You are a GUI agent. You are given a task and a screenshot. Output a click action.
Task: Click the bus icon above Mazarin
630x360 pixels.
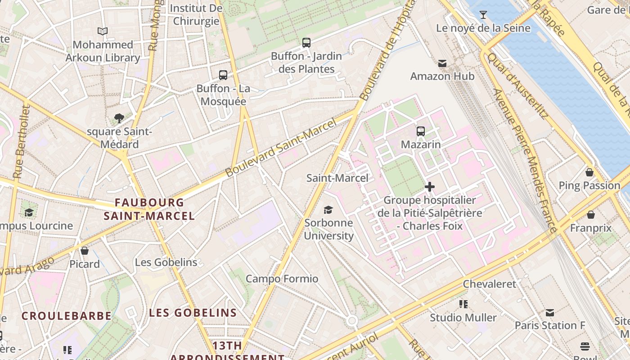(x=421, y=131)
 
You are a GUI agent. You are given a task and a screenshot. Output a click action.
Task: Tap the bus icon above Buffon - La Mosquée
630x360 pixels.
(x=223, y=75)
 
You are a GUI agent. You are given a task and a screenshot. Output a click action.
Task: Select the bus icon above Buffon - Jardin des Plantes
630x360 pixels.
(x=306, y=43)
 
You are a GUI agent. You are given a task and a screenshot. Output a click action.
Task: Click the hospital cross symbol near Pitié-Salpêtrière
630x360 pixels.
(x=430, y=186)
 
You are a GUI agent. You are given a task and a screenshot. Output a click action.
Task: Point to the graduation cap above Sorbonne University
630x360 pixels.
(x=328, y=210)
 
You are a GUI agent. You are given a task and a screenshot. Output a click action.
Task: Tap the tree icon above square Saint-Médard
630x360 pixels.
(x=119, y=118)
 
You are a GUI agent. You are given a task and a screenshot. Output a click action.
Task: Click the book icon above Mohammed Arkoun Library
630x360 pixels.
(x=103, y=31)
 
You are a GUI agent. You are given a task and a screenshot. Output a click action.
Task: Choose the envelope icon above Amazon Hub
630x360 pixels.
(x=442, y=63)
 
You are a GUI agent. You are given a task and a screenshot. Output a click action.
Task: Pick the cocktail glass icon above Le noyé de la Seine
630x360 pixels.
(x=483, y=15)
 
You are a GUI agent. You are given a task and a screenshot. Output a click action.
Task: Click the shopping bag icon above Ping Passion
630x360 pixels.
(x=589, y=172)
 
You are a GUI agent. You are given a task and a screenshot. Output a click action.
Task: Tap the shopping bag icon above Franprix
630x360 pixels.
(x=590, y=215)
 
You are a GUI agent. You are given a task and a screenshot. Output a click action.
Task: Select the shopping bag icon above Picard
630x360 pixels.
(x=85, y=251)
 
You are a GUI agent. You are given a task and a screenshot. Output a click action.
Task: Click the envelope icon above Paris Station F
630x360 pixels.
(x=549, y=312)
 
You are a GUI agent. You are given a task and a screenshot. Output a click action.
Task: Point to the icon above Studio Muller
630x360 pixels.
(x=463, y=304)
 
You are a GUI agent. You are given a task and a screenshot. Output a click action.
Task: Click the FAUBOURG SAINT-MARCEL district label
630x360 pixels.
(x=149, y=209)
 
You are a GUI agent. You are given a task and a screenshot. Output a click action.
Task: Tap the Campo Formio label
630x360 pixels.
(x=282, y=279)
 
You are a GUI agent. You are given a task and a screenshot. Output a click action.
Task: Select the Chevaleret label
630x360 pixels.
(x=490, y=284)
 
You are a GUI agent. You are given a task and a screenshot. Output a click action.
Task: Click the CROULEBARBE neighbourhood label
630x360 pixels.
(x=67, y=316)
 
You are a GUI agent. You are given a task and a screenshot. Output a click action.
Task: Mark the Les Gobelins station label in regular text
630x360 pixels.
(x=166, y=262)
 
